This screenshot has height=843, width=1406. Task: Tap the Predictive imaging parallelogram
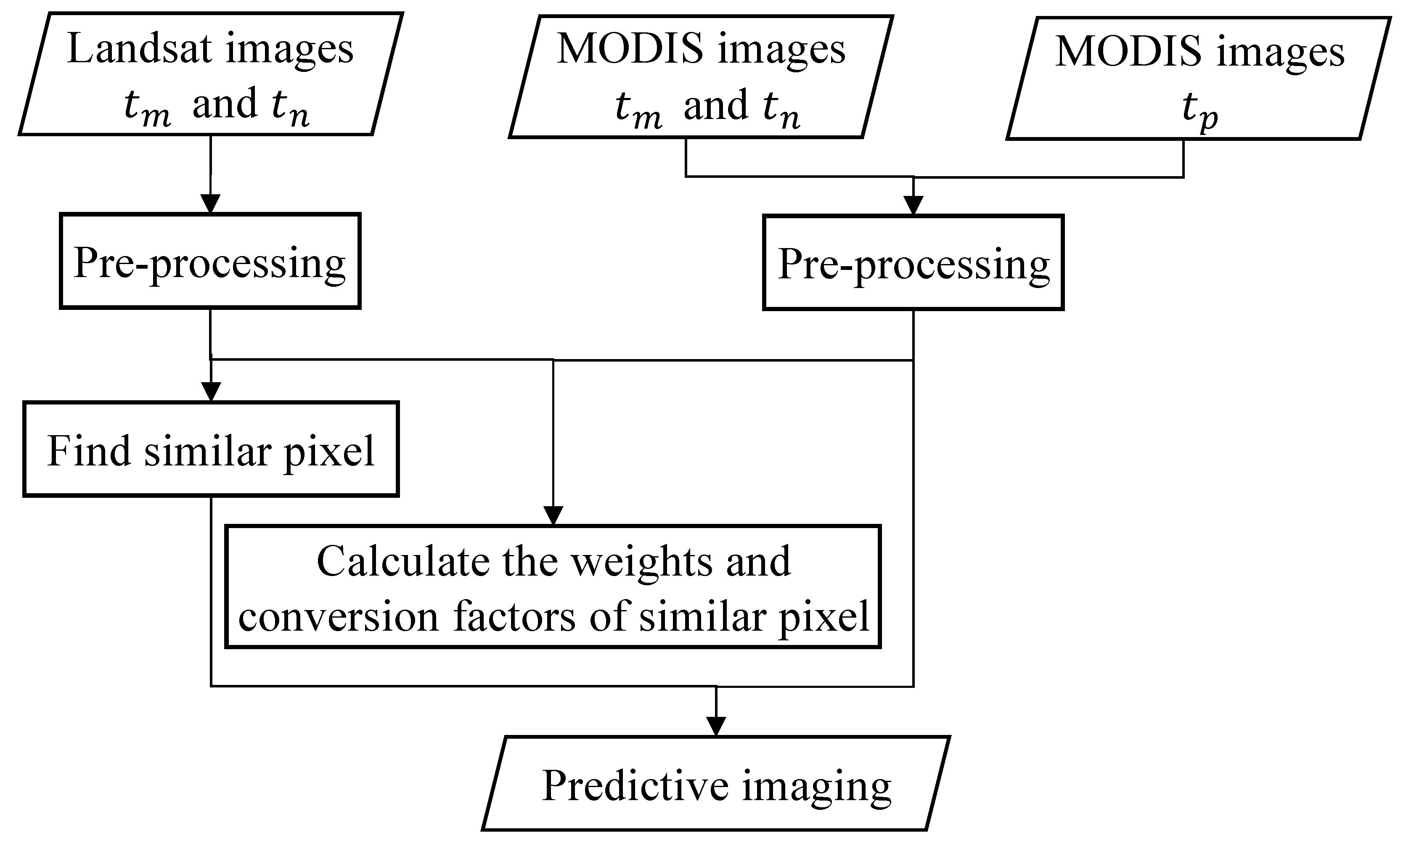[716, 783]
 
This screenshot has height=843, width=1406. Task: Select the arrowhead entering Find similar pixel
[211, 391]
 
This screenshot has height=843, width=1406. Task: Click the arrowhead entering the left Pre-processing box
[211, 203]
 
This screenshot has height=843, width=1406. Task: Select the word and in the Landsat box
[225, 104]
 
